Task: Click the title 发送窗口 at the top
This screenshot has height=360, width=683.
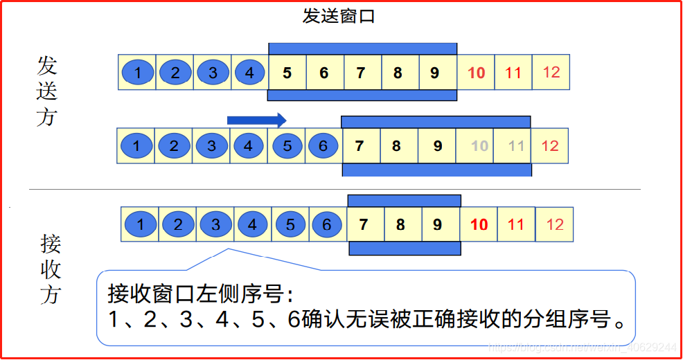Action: tap(338, 16)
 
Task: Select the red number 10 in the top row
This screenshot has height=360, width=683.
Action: tap(477, 73)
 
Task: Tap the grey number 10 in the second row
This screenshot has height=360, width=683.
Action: tap(479, 146)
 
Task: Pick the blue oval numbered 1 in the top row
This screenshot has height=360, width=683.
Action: tap(139, 73)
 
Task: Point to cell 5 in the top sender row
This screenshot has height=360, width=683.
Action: tap(287, 73)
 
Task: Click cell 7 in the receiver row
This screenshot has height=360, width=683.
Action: tap(363, 224)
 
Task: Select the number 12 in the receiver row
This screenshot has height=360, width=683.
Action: tap(555, 224)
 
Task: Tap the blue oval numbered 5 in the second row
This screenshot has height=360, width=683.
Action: tap(287, 146)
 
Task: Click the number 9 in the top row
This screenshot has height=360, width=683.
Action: tap(435, 73)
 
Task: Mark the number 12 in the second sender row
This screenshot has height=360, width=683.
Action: tap(550, 146)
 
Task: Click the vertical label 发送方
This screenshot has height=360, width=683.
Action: tap(47, 91)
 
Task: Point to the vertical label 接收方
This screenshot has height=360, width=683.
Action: tap(50, 270)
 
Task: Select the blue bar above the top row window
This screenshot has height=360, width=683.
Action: tap(362, 48)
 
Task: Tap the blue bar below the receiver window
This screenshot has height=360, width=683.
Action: tap(405, 249)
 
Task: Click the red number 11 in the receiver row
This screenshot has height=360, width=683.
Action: tap(516, 224)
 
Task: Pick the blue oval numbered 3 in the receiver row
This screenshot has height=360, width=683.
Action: tap(215, 224)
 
